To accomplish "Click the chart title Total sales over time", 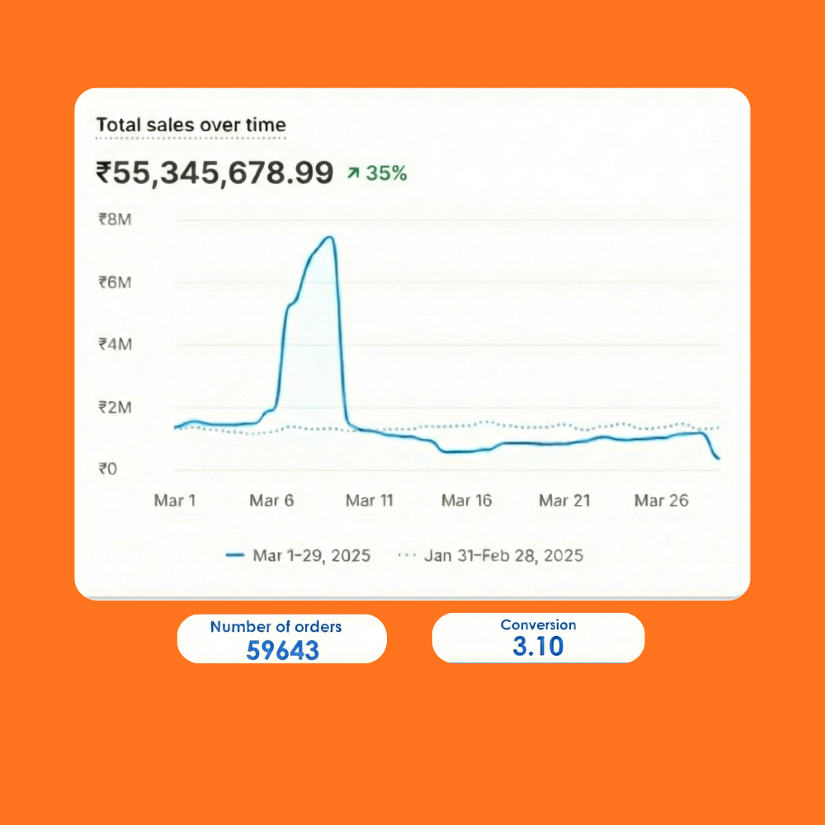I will click(191, 125).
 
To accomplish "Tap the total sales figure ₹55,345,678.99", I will click(214, 173).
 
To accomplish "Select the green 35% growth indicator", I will click(377, 174).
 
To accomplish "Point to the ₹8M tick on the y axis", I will click(115, 219).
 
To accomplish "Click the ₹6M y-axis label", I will click(115, 282).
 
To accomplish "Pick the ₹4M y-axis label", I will click(115, 344).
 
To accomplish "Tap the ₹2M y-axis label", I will click(115, 408).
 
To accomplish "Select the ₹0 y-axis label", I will click(107, 469).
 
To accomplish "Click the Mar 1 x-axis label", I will click(175, 501).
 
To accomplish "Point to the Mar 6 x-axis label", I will click(271, 501).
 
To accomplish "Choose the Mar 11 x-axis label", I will click(370, 501).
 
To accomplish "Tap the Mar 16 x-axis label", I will click(467, 501).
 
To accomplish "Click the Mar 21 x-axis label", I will click(564, 501).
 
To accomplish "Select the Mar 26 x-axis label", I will click(661, 501).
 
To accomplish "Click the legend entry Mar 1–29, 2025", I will click(310, 555).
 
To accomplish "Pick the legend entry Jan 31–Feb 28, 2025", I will click(502, 555).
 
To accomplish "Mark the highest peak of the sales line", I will click(328, 238).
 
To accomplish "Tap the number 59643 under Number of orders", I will click(282, 650).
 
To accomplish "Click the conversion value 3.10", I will click(538, 646).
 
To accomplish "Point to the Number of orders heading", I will click(276, 627).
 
